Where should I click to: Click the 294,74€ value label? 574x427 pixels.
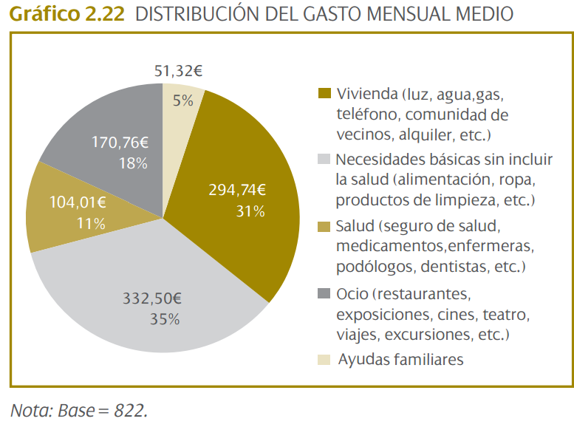coord(236,189)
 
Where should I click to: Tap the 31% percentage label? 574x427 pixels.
coord(250,211)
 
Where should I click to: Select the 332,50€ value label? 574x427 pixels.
coord(151,298)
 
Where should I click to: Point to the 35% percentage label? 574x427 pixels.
coord(164,319)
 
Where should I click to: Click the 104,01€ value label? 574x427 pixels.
coord(78,201)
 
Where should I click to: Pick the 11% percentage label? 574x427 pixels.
coord(90,222)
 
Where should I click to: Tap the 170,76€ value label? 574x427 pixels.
coord(120,142)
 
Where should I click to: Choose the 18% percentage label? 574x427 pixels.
coord(133,163)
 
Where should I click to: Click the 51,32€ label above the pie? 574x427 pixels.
coord(178,71)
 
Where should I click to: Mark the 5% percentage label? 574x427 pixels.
coord(183,100)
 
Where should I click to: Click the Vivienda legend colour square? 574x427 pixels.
coord(324,94)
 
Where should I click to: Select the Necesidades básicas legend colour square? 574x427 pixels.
coord(324,159)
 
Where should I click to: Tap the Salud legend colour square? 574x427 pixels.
coord(324,225)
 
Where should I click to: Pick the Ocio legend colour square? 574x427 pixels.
coord(324,294)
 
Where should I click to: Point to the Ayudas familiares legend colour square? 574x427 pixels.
coord(324,360)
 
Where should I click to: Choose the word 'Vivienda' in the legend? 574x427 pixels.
coord(367,95)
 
